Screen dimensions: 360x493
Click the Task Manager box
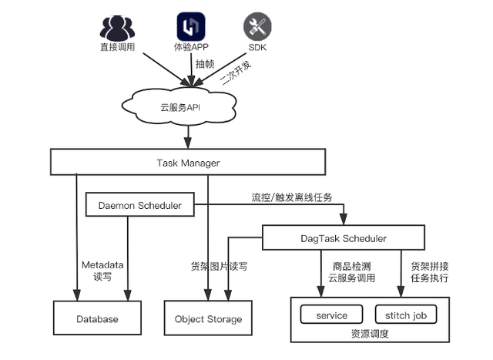pyautogui.click(x=188, y=163)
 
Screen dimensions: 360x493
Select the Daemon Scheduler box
pyautogui.click(x=139, y=206)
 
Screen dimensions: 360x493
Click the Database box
pyautogui.click(x=97, y=318)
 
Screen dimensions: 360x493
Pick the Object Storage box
pyautogui.click(x=208, y=318)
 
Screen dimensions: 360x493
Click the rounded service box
pyautogui.click(x=331, y=315)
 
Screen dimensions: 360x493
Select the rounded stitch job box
pyautogui.click(x=405, y=315)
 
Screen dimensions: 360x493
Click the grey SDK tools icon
pyautogui.click(x=257, y=28)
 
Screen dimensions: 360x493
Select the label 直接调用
pyautogui.click(x=118, y=48)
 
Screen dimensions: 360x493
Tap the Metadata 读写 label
pyautogui.click(x=102, y=271)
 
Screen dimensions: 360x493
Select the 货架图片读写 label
pyautogui.click(x=219, y=266)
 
